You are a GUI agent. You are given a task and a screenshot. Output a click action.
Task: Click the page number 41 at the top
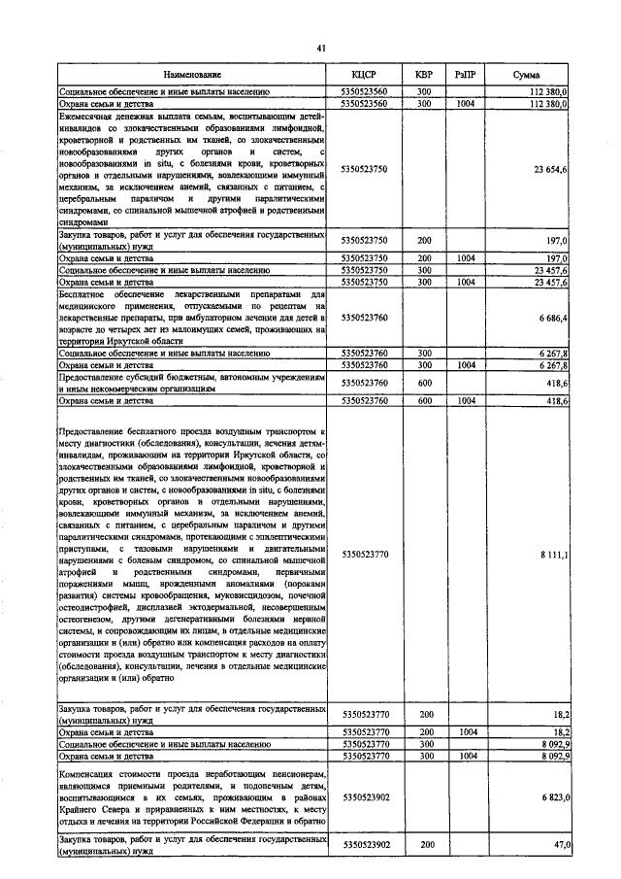320,45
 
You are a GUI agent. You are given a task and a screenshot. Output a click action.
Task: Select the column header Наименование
192,75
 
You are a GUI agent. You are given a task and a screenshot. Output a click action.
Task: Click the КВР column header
424,75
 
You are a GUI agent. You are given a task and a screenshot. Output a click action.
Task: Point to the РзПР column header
467,75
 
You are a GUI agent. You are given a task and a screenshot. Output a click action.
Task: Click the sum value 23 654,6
549,169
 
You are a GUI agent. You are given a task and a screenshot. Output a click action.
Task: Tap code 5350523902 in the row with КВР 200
365,845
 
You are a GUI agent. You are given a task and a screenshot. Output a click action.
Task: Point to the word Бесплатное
89,291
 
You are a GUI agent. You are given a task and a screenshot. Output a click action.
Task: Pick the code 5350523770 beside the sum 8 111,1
365,554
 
